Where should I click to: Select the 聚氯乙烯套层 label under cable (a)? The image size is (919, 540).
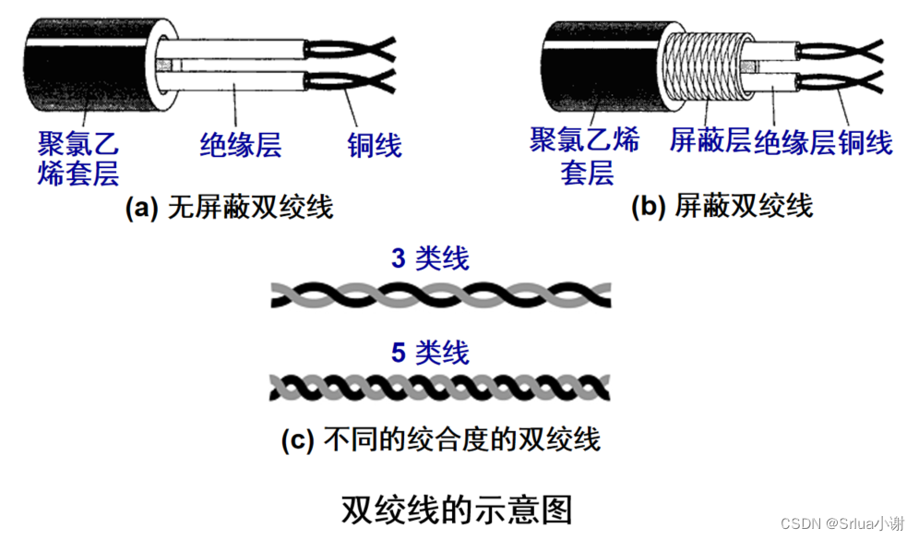click(x=78, y=159)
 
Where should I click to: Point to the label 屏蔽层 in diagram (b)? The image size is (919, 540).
click(x=710, y=141)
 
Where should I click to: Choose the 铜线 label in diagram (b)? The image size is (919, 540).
click(x=865, y=141)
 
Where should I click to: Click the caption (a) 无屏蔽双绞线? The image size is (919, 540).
click(x=229, y=208)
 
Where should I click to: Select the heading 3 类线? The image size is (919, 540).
click(x=430, y=258)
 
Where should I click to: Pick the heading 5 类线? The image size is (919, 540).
click(x=430, y=353)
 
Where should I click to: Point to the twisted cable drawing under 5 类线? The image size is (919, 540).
click(x=440, y=387)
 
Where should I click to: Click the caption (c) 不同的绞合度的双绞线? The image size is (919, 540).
click(x=440, y=438)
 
